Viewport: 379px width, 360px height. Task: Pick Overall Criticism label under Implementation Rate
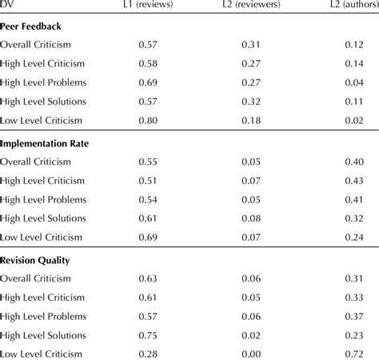click(x=39, y=162)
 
